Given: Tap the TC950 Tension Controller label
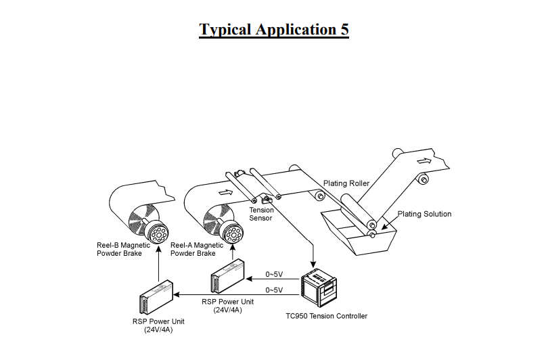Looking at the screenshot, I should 327,316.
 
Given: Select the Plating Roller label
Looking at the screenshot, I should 346,183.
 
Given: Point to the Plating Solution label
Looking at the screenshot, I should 424,215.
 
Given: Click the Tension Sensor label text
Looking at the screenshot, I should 261,214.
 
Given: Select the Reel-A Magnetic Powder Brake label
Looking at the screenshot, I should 197,249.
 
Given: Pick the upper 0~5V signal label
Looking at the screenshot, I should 274,274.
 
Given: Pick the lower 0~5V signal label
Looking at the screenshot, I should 274,290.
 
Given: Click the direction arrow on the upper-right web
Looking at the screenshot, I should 424,161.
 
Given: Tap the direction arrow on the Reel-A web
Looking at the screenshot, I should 227,192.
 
